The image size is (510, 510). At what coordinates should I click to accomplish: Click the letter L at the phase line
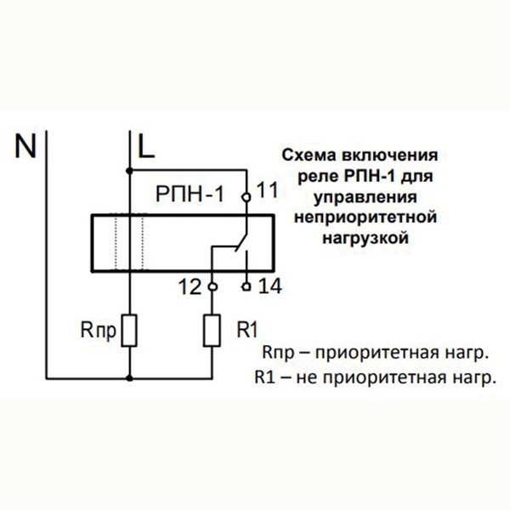click(146, 146)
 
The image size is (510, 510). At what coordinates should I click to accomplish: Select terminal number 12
click(193, 287)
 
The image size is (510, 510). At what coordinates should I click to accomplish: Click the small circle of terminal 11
click(246, 197)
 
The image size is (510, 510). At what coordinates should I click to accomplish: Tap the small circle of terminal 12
click(212, 286)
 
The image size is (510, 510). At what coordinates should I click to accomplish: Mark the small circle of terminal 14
click(246, 286)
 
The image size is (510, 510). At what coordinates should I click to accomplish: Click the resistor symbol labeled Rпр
click(130, 331)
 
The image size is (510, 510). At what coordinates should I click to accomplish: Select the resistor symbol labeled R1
click(212, 331)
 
